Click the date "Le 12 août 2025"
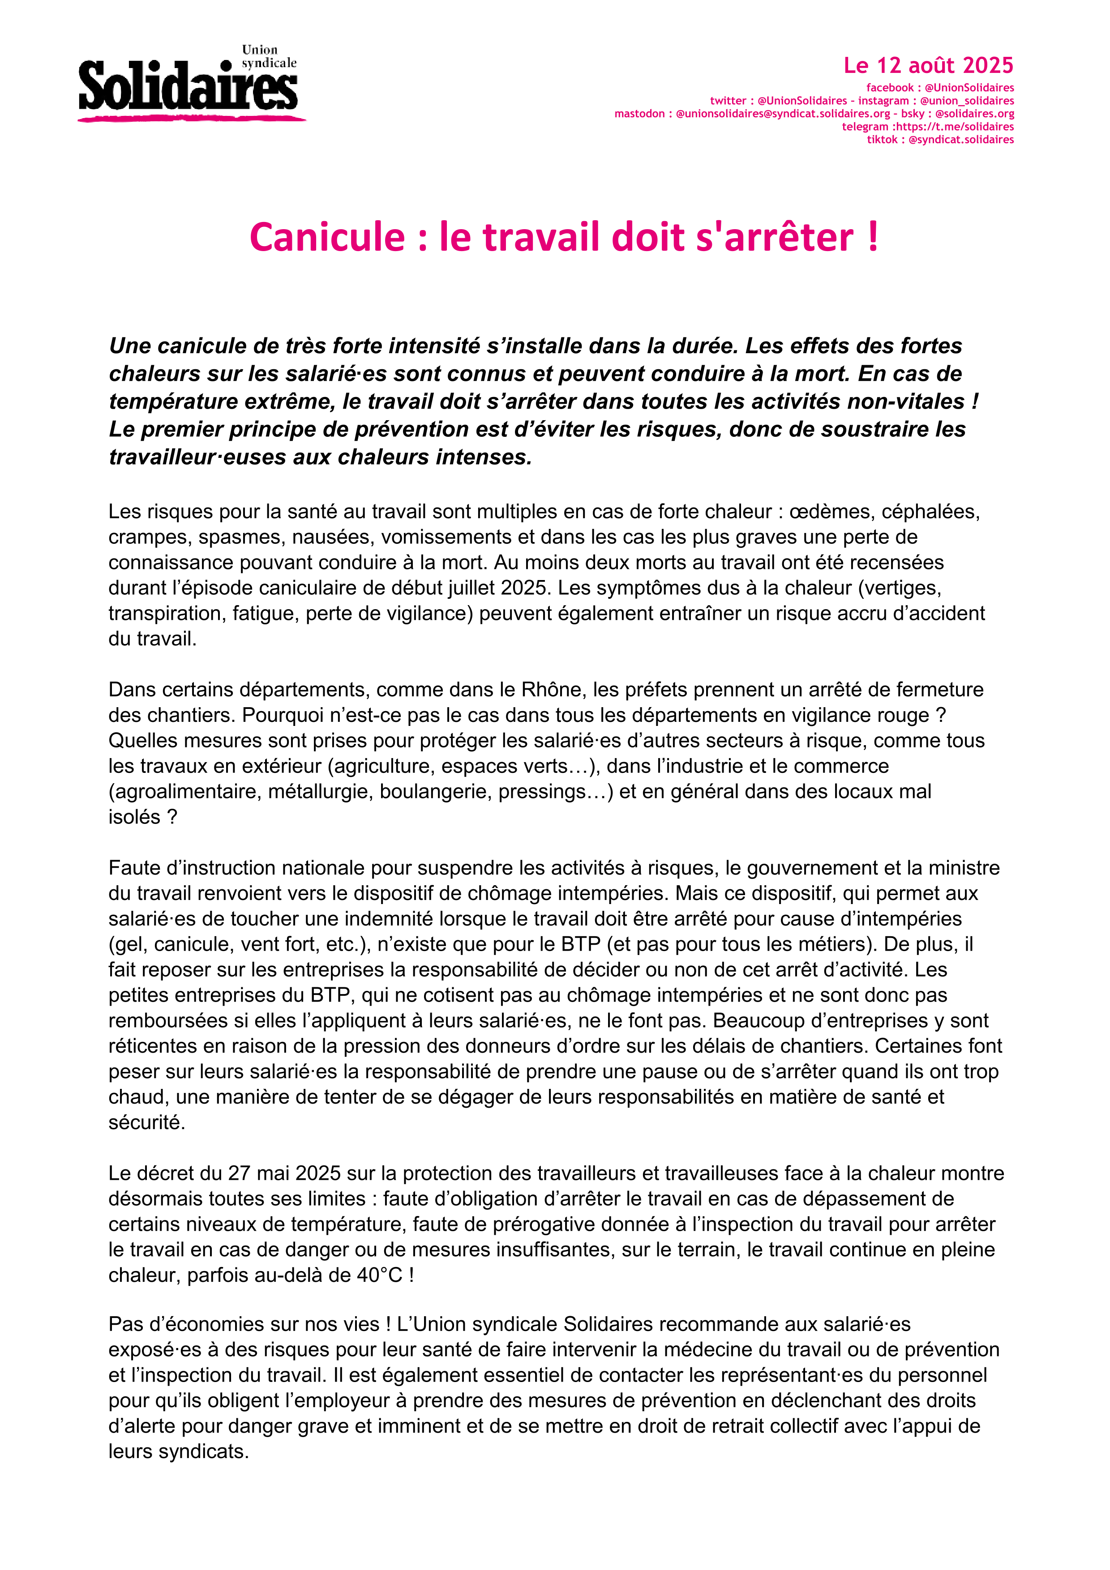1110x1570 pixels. tap(928, 66)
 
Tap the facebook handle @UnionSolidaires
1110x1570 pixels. tap(969, 88)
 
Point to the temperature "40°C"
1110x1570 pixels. tap(380, 1275)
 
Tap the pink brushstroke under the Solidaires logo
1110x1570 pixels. tap(192, 119)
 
